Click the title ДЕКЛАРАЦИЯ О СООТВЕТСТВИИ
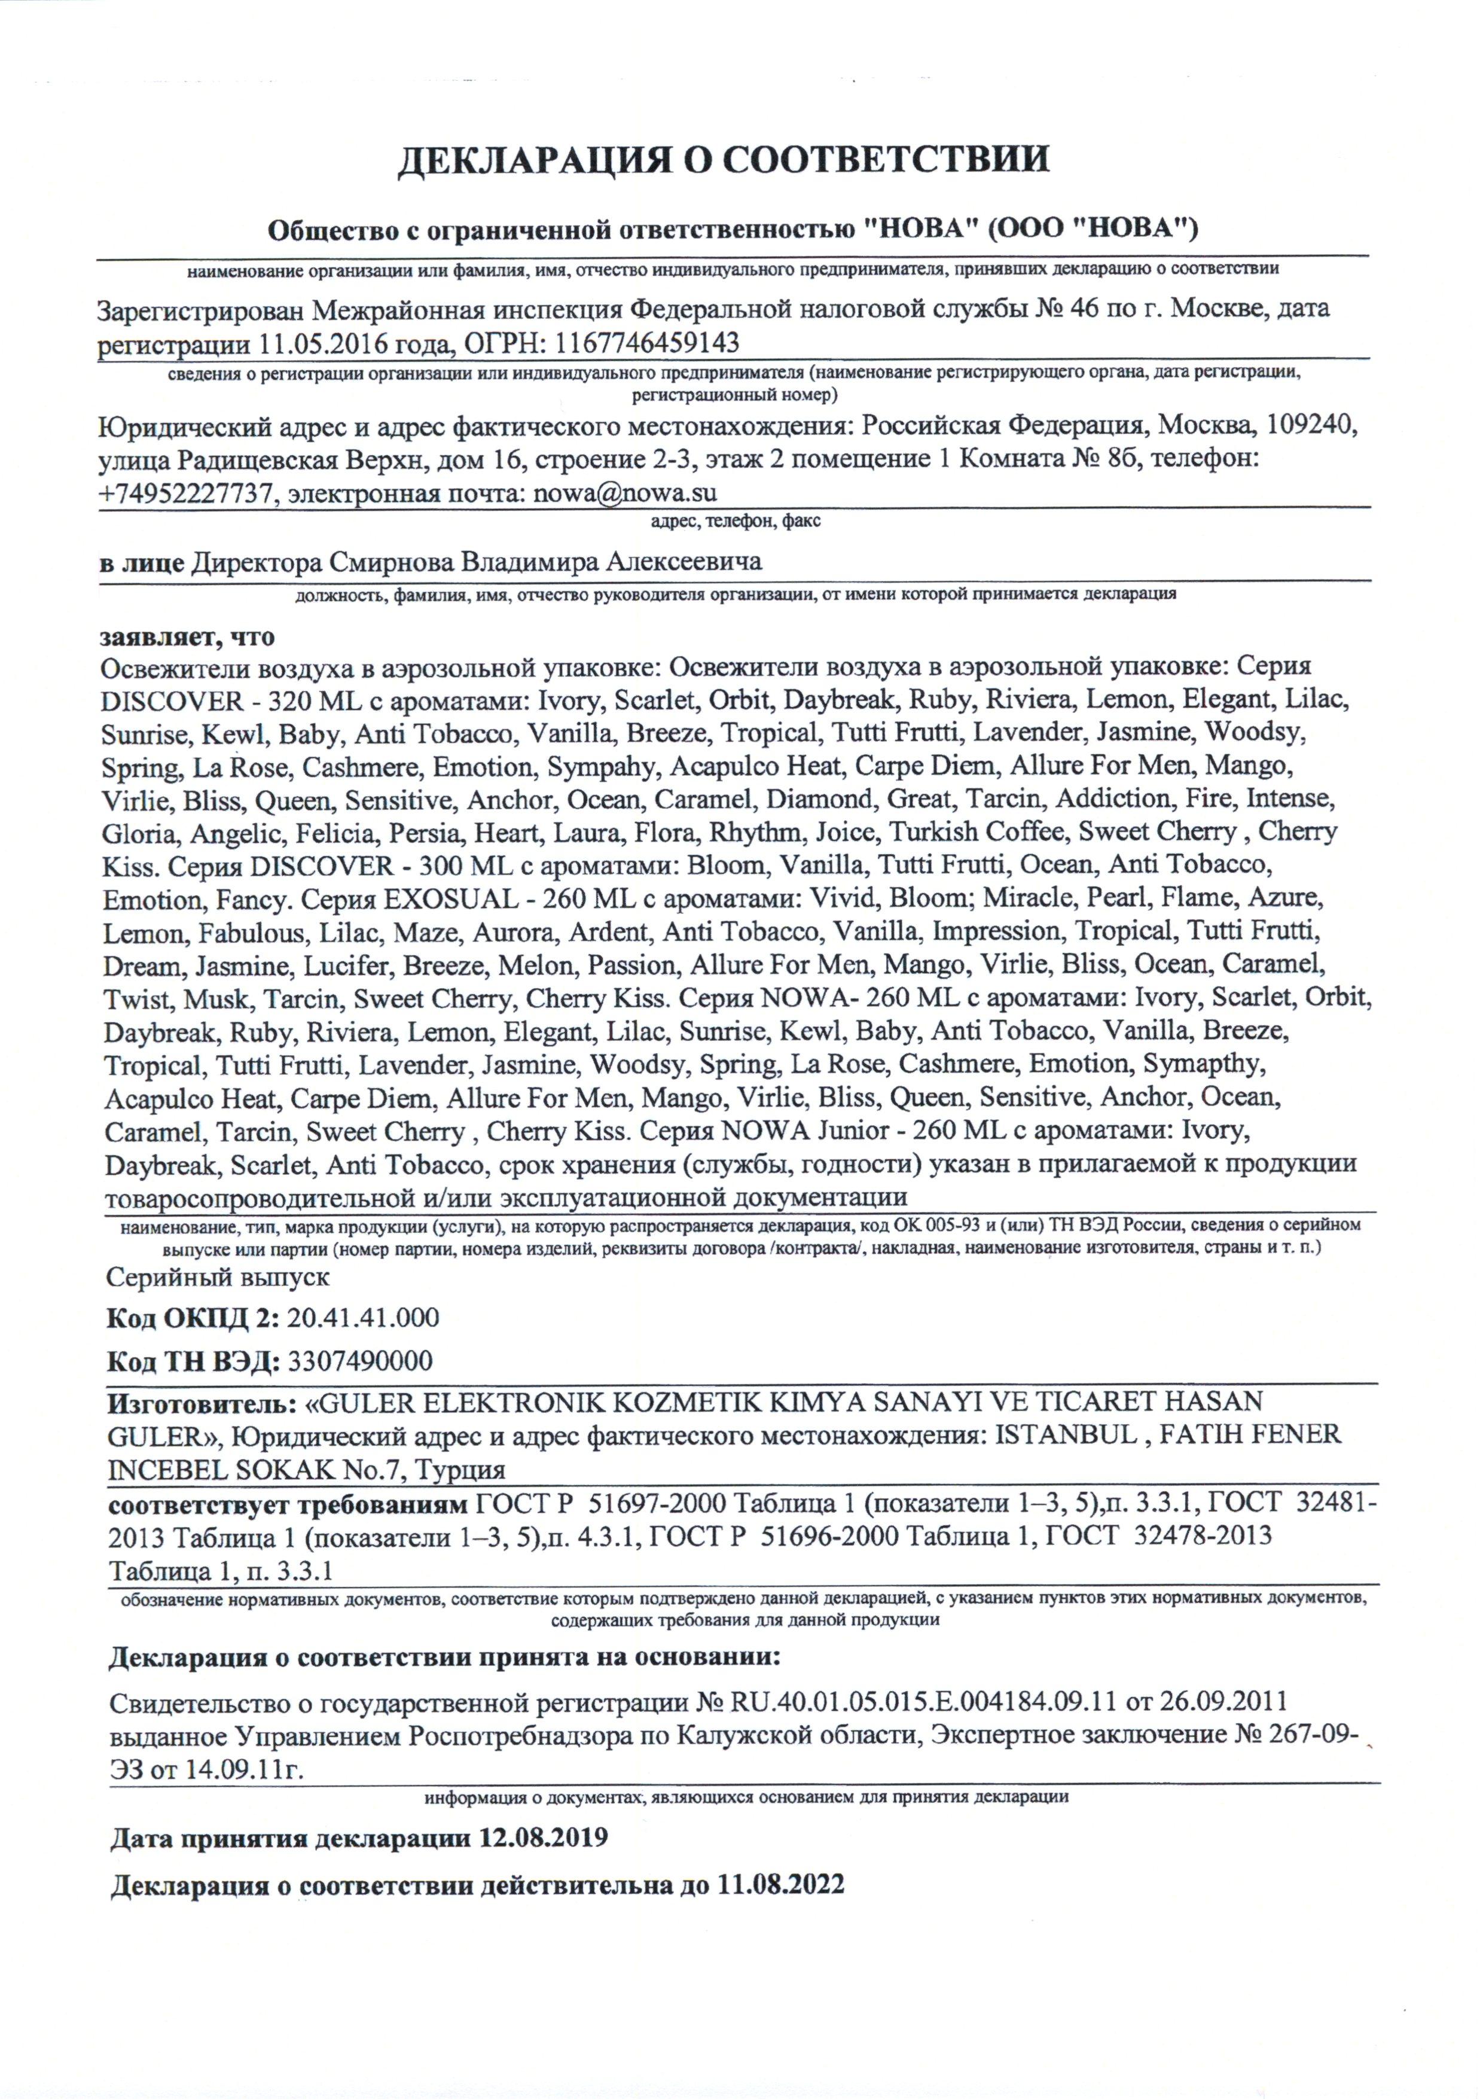(722, 159)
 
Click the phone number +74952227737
(187, 493)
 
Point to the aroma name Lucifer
(348, 965)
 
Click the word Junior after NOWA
(834, 1131)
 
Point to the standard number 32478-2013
(1201, 1535)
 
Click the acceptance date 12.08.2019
(543, 1838)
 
